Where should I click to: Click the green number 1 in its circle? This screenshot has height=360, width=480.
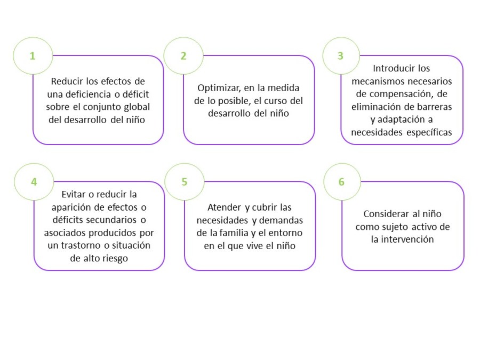(33, 56)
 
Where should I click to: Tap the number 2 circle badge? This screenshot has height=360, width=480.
(183, 55)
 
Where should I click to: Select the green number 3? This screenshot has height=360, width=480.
(340, 55)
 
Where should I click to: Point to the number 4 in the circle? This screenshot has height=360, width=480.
(34, 182)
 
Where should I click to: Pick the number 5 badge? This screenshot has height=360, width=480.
(185, 182)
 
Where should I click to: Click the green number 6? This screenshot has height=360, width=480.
(341, 182)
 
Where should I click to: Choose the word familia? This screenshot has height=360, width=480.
(234, 233)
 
